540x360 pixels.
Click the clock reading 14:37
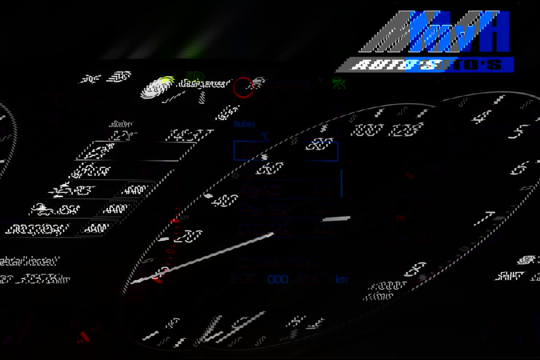click(189, 135)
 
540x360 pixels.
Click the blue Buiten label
click(244, 124)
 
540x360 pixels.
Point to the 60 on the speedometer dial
click(270, 168)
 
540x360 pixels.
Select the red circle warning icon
click(243, 87)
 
